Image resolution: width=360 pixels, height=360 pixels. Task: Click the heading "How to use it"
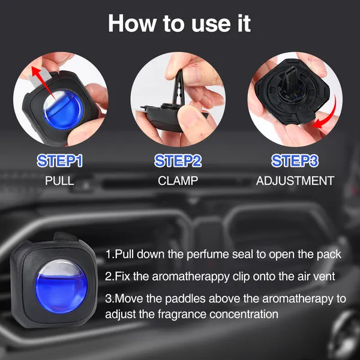179,24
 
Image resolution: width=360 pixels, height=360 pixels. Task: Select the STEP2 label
179,161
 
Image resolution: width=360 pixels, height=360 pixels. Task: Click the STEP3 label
295,161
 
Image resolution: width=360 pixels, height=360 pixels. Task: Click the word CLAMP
179,180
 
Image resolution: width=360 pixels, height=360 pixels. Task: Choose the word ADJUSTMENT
295,180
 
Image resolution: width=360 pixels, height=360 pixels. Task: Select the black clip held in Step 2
174,90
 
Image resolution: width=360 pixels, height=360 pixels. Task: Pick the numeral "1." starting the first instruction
109,254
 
